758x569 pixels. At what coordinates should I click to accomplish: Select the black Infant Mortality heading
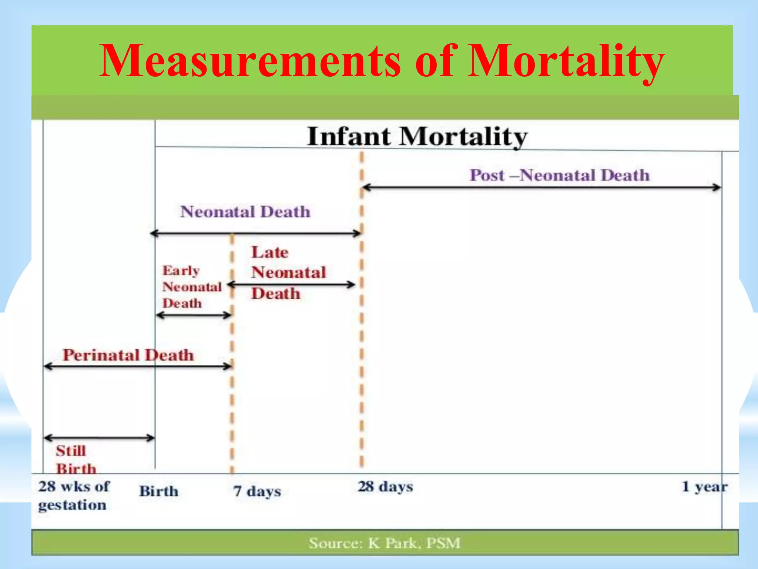417,136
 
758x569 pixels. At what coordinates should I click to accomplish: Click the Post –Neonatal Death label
559,175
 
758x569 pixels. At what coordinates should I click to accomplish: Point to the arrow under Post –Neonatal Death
541,187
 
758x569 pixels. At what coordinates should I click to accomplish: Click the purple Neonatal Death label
245,212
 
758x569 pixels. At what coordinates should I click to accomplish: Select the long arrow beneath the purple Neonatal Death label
255,233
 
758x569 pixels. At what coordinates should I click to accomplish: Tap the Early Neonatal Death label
192,287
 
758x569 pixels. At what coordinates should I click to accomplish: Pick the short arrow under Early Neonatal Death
194,315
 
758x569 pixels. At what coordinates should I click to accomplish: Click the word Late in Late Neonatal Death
270,253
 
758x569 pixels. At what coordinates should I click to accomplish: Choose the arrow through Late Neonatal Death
291,284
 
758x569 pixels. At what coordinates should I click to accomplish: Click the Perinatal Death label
128,355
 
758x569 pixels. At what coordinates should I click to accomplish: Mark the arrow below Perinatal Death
138,366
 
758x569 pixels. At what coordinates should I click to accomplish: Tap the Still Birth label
76,460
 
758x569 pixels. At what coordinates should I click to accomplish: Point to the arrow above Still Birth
99,438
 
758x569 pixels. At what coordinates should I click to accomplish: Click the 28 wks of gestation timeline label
73,495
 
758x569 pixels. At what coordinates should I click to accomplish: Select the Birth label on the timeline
159,491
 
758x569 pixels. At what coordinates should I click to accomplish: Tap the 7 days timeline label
257,491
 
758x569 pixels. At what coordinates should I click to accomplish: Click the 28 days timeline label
385,487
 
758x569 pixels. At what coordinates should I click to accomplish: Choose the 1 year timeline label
704,487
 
